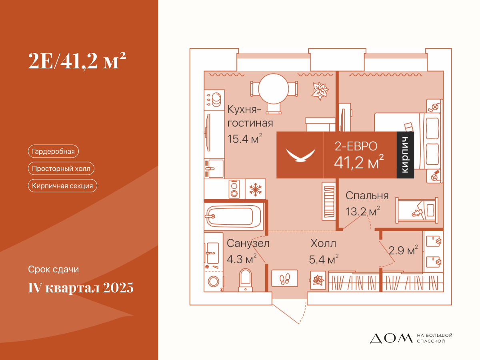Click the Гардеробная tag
pos(53,151)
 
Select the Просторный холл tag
pos(61,168)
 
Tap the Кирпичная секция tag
pos(62,186)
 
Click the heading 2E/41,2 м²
pos(77,61)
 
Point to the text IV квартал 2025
pos(81,287)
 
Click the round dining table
pos(273,89)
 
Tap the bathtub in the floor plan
pos(234,216)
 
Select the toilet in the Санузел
pos(245,280)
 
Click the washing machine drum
pos(214,281)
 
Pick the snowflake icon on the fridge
pos(255,189)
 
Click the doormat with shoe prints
pos(284,278)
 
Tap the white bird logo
pos(301,156)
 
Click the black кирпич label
pos(405,155)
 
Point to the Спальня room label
pos(367,196)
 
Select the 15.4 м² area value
pos(244,138)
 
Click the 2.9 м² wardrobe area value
pos(403,250)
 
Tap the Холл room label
pos(323,243)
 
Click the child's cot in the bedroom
pos(417,210)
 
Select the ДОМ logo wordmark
pos(391,338)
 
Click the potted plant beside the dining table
pos(320,91)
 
